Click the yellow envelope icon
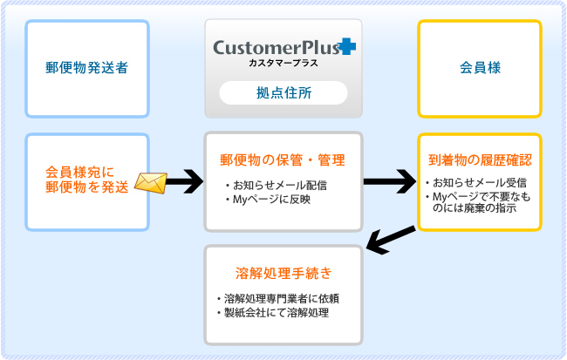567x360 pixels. (151, 183)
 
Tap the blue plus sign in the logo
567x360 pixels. (347, 46)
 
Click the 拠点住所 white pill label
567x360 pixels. (283, 93)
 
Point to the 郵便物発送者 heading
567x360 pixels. (86, 68)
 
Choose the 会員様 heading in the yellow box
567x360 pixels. (480, 68)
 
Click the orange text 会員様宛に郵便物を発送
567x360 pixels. (86, 180)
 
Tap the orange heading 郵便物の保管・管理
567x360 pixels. (283, 160)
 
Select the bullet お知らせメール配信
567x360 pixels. (277, 186)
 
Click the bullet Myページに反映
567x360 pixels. (268, 199)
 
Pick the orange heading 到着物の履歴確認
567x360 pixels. (480, 160)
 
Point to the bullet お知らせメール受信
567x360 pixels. (476, 182)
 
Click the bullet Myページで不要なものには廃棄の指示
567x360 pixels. (478, 202)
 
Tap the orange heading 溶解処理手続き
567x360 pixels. (283, 273)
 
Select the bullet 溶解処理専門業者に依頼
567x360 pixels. (278, 299)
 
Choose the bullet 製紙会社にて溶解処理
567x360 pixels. (273, 313)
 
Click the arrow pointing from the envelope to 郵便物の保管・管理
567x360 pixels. (185, 181)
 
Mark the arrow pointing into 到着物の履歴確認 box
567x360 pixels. (390, 181)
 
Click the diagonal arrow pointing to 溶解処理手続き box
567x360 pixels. (391, 240)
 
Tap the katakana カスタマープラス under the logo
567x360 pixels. (283, 63)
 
